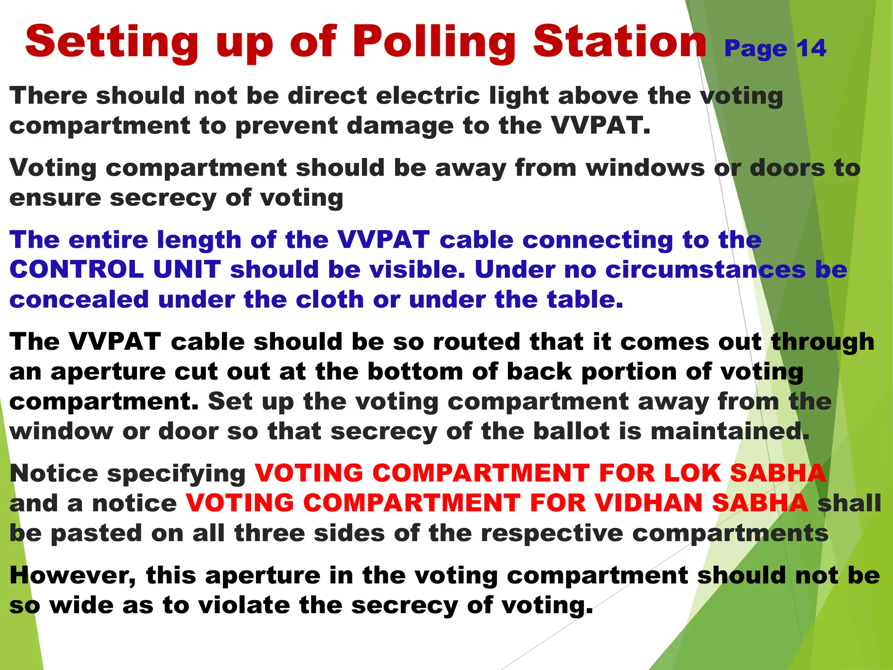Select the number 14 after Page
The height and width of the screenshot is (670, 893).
pyautogui.click(x=811, y=48)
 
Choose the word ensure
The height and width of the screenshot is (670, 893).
pyautogui.click(x=55, y=198)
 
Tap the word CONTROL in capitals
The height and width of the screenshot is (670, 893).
pyautogui.click(x=76, y=270)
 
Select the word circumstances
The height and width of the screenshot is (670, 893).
pyautogui.click(x=706, y=270)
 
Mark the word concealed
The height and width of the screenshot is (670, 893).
pyautogui.click(x=79, y=300)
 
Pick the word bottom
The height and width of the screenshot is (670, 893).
pyautogui.click(x=415, y=372)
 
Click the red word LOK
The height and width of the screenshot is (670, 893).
pyautogui.click(x=692, y=473)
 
